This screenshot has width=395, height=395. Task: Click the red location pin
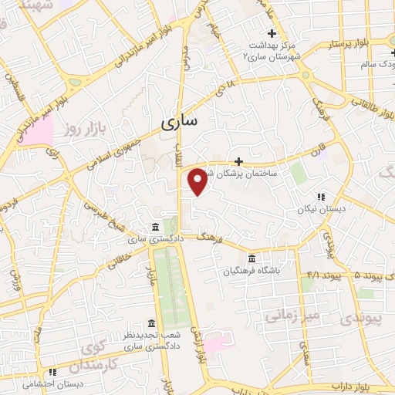coord(198,181)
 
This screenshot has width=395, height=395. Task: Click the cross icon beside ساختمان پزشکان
coord(238,161)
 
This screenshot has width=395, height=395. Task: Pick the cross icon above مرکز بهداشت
coord(271,33)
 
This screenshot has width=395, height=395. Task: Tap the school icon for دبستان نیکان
coord(320,197)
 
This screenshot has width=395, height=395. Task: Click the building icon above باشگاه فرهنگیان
coord(252,258)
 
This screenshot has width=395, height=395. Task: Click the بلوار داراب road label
coord(347,383)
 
